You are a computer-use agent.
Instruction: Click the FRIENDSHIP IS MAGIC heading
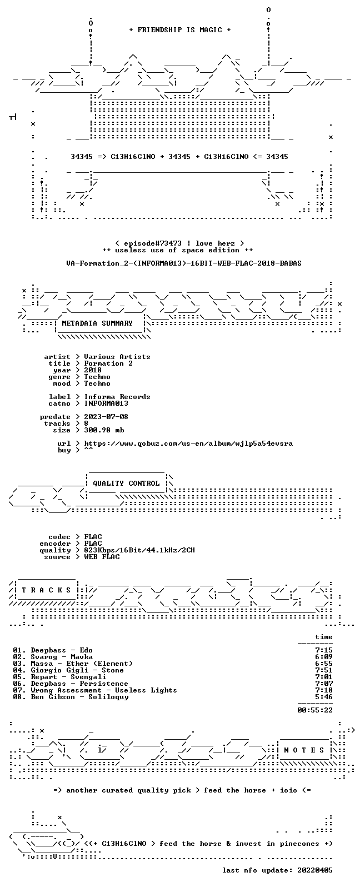[180, 30]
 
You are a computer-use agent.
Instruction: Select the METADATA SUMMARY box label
[97, 323]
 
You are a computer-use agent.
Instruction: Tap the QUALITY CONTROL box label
[126, 484]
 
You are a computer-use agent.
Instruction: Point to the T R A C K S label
[46, 590]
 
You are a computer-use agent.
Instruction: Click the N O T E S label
[304, 750]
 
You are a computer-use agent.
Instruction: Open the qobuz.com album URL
[188, 443]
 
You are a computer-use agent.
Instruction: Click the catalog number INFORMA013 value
[106, 403]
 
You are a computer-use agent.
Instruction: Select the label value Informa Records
[117, 397]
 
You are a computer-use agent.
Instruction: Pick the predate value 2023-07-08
[106, 417]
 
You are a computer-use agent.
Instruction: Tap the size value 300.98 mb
[104, 430]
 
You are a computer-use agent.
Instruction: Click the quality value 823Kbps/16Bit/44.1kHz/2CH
[139, 550]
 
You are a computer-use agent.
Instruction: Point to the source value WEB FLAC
[102, 557]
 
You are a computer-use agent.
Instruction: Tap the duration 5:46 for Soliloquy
[324, 697]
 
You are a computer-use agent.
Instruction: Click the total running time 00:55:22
[315, 710]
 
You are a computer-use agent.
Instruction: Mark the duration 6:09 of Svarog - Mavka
[324, 657]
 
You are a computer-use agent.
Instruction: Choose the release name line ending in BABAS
[184, 263]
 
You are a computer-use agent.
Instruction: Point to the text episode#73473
[153, 243]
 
